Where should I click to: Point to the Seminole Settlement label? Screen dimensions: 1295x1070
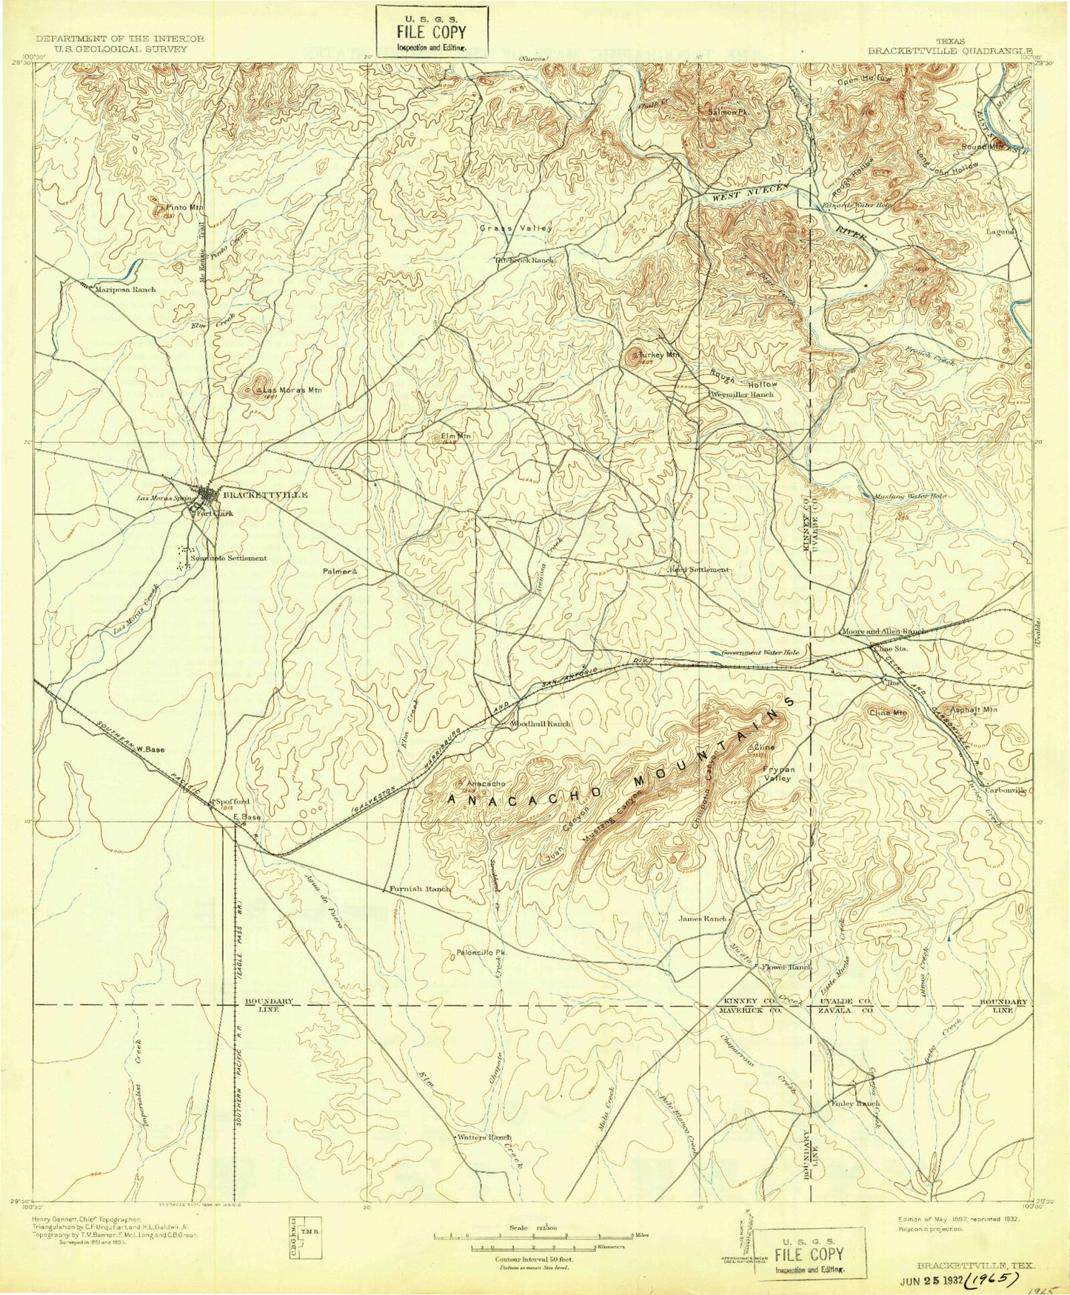(x=230, y=559)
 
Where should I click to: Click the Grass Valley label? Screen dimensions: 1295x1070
(x=515, y=229)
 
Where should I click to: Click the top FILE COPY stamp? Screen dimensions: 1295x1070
(x=432, y=30)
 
